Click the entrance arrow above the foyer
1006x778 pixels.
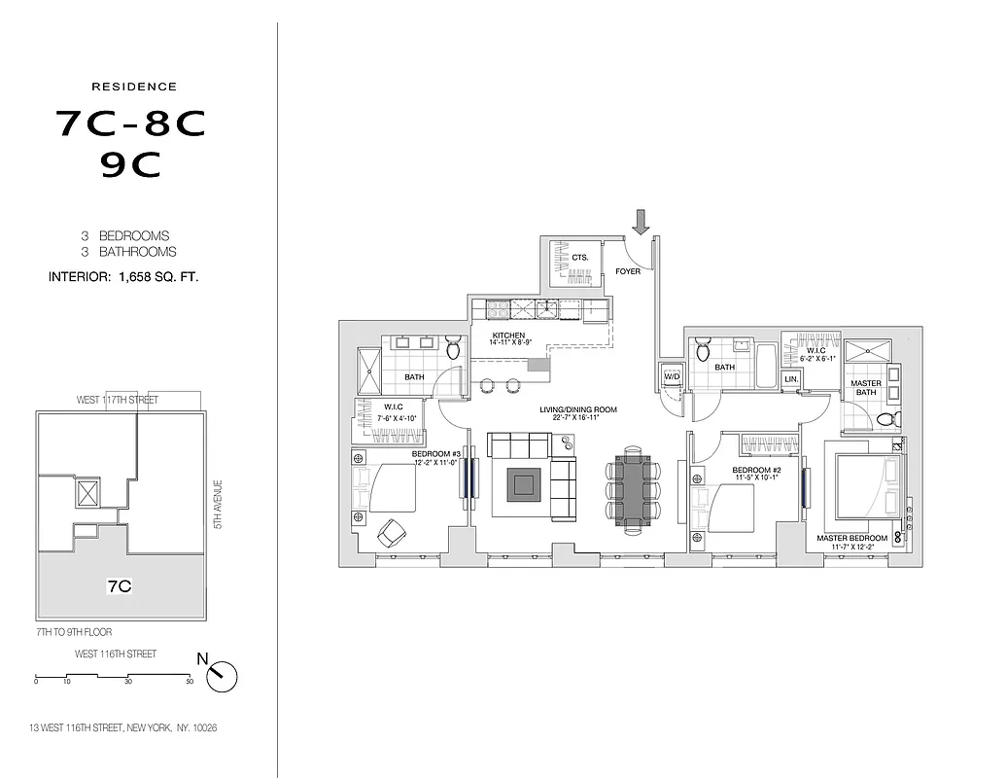click(x=640, y=223)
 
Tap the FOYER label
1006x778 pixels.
click(x=628, y=271)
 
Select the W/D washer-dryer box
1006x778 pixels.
click(x=671, y=376)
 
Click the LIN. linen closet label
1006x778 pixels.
click(x=790, y=378)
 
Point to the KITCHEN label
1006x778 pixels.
click(x=508, y=336)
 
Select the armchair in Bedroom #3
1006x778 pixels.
click(x=393, y=532)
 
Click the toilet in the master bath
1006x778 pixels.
click(x=885, y=419)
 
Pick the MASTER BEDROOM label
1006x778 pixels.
click(x=851, y=538)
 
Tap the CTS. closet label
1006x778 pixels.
click(x=580, y=258)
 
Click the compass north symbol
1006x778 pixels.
click(x=222, y=675)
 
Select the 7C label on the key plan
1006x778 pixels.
click(x=119, y=586)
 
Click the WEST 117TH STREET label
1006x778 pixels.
click(x=118, y=400)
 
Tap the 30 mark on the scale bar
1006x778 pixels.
click(x=127, y=682)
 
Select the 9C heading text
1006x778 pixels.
click(x=130, y=166)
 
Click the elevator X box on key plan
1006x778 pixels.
click(x=87, y=493)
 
